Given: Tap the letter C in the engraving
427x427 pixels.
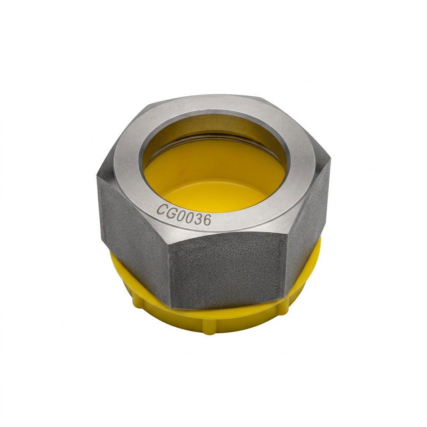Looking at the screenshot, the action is tap(162, 209).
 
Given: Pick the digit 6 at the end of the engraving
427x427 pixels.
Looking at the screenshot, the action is tap(207, 220).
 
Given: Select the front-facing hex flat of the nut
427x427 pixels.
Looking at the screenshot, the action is tap(227, 272).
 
